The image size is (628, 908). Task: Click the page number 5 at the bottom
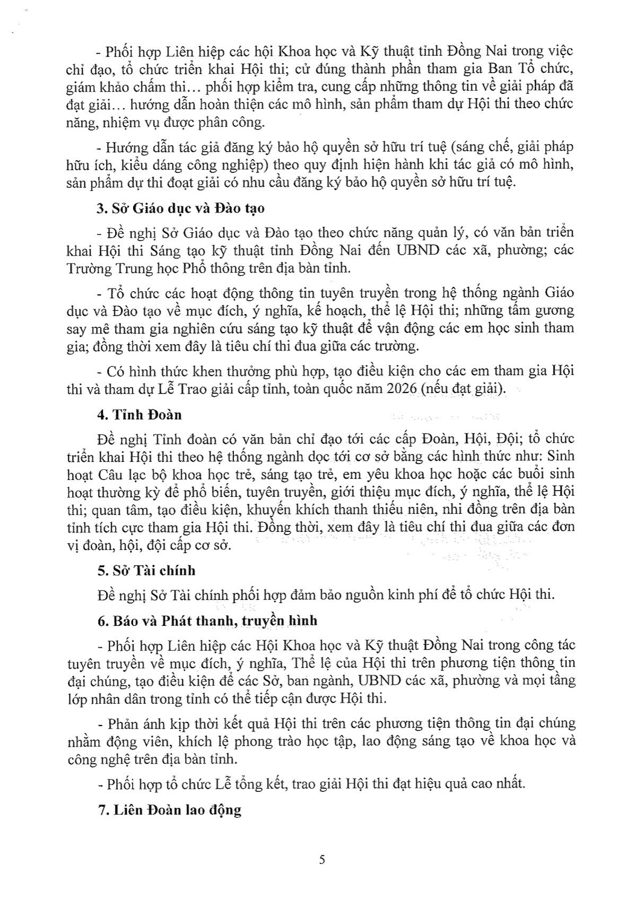[322, 860]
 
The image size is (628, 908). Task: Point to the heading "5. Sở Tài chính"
[146, 571]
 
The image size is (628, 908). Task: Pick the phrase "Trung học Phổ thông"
[184, 268]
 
